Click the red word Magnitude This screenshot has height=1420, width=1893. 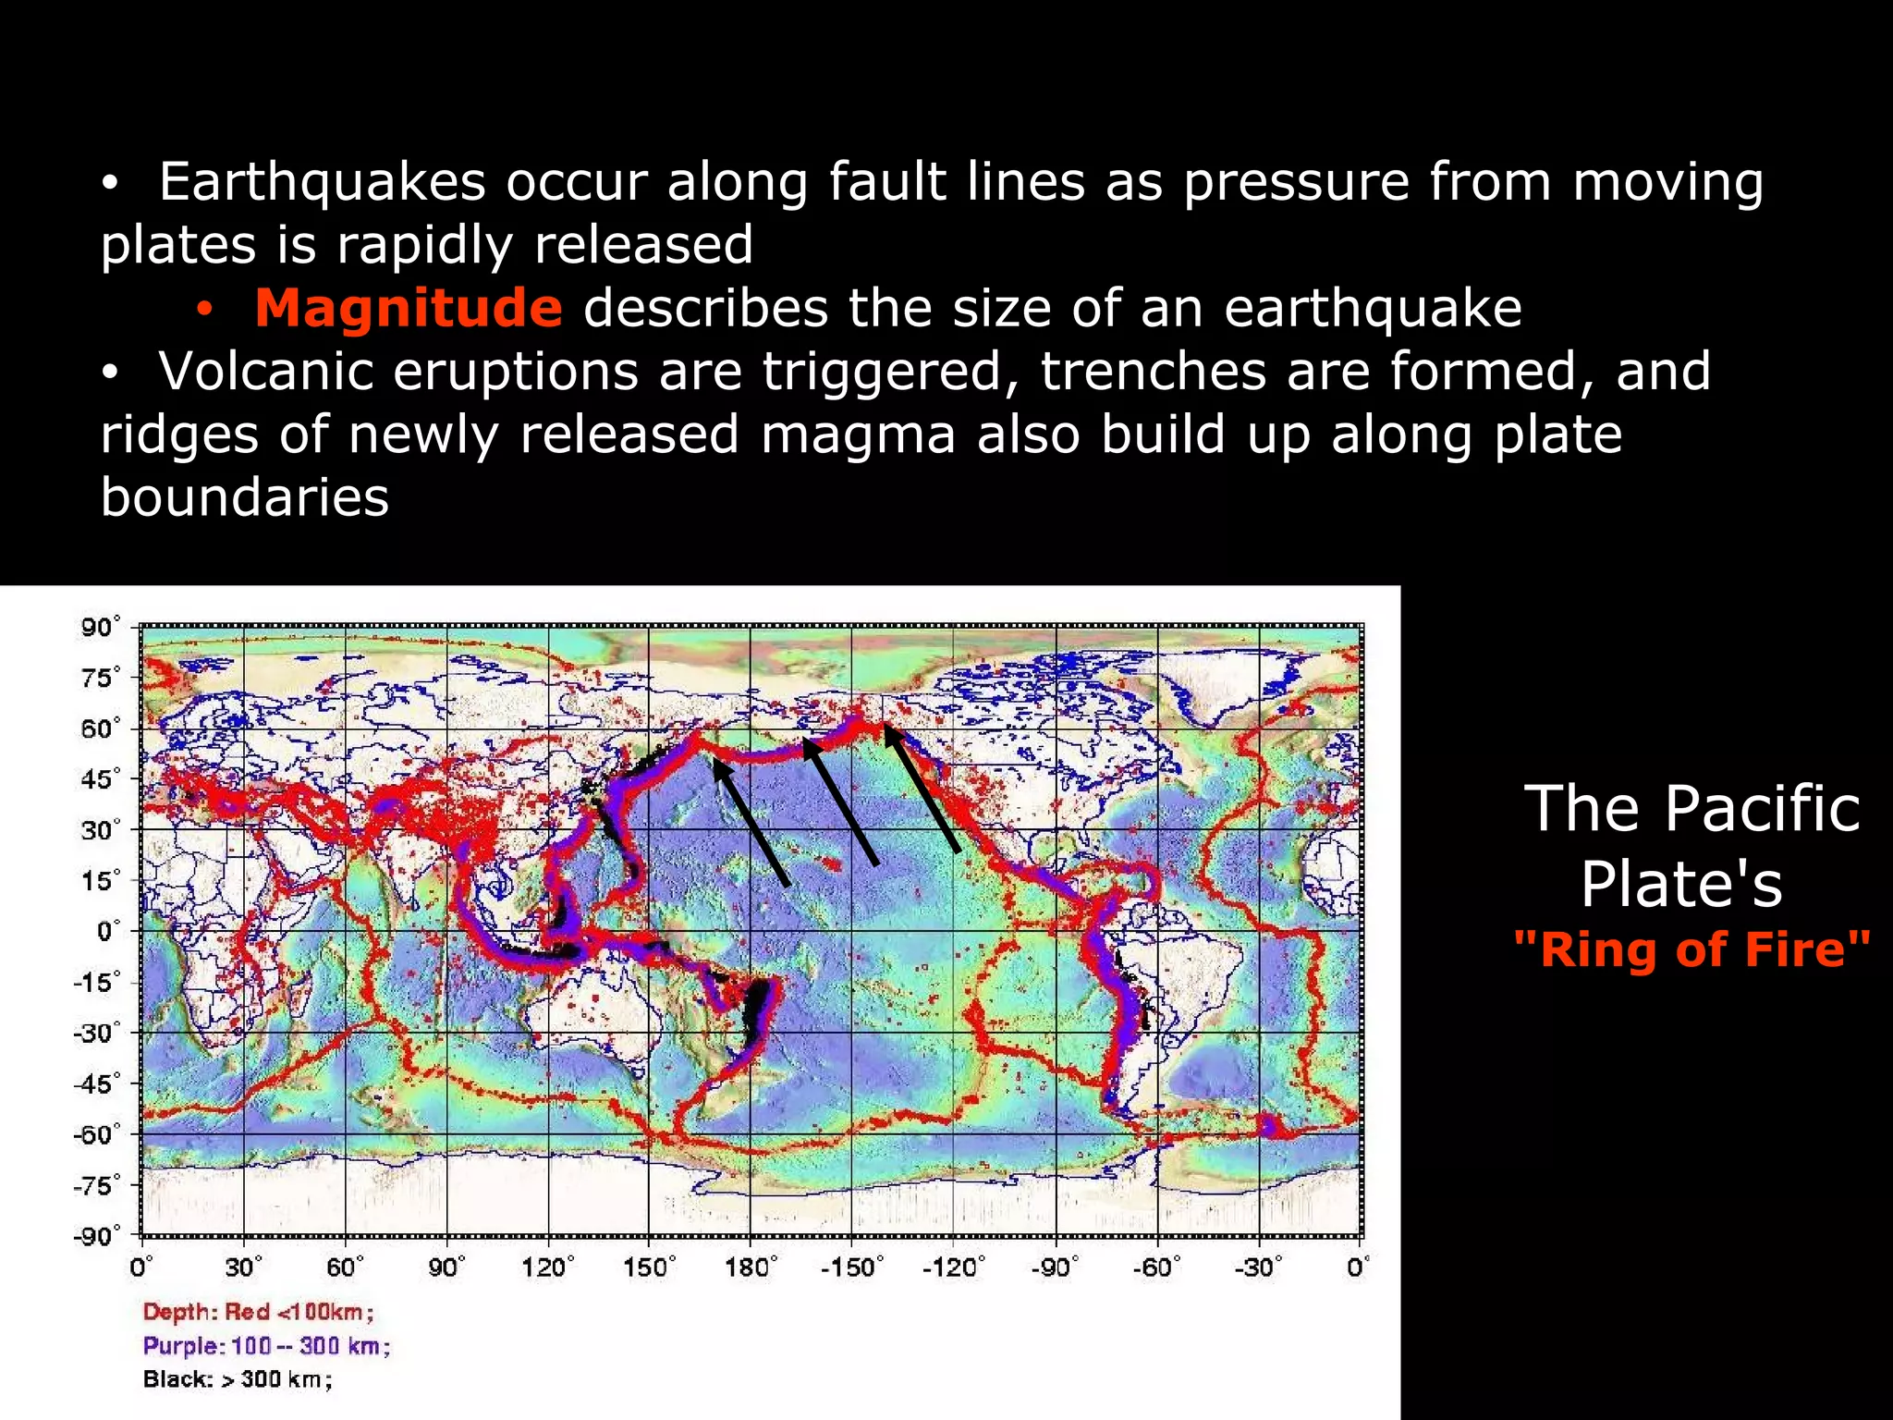pyautogui.click(x=408, y=308)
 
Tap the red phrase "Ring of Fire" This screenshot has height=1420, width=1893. pyautogui.click(x=1691, y=949)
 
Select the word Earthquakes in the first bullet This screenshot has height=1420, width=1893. pyautogui.click(x=322, y=181)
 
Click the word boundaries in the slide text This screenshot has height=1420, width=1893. pyautogui.click(x=245, y=497)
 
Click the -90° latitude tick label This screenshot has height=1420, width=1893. pyautogui.click(x=96, y=1236)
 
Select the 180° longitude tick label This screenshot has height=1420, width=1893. pyautogui.click(x=750, y=1267)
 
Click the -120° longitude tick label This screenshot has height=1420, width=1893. pyautogui.click(x=952, y=1267)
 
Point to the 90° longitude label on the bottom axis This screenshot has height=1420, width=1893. pyautogui.click(x=446, y=1267)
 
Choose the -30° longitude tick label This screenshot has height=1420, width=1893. pyautogui.click(x=1257, y=1267)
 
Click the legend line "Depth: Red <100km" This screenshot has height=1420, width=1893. pyautogui.click(x=258, y=1312)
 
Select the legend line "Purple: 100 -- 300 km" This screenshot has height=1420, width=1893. pyautogui.click(x=266, y=1346)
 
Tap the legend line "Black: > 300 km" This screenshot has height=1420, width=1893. pyautogui.click(x=237, y=1379)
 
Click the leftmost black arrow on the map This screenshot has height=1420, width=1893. pyautogui.click(x=751, y=822)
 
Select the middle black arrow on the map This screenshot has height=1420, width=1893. pyautogui.click(x=840, y=802)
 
